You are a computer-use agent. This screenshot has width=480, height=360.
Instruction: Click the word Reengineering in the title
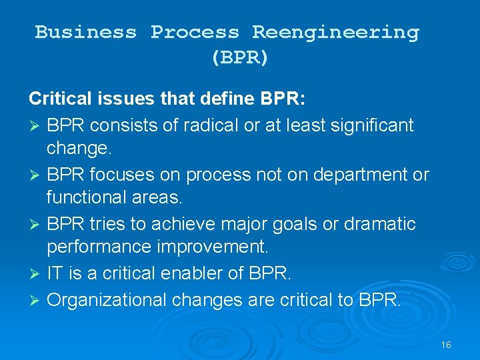pos(335,32)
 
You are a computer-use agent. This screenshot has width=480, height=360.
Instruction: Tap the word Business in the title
pos(85,32)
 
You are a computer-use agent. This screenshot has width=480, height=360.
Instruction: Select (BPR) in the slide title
pos(239,57)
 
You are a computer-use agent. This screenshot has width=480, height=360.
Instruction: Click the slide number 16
pos(446,345)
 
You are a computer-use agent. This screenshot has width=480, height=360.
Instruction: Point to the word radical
pos(197,125)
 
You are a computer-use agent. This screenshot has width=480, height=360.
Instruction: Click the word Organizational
pos(107,299)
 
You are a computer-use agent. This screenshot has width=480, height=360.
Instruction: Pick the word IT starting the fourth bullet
pos(55,273)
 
